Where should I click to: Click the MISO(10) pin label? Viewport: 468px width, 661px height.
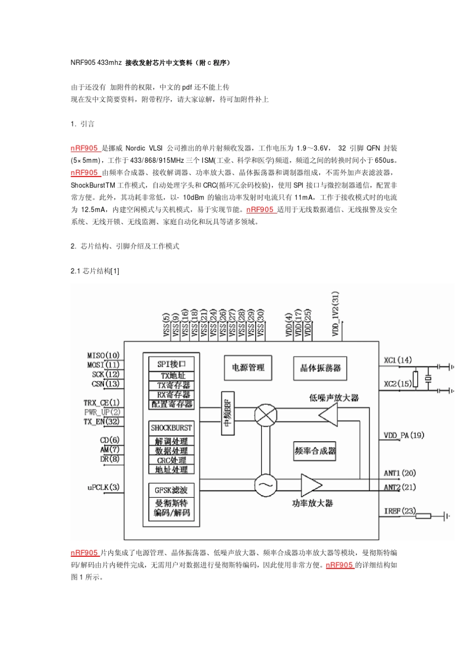click(x=103, y=356)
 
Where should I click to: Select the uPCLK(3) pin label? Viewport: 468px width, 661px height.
click(x=103, y=487)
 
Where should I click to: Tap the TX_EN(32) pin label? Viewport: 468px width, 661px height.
click(x=101, y=421)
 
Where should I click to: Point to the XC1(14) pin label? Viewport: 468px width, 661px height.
click(x=398, y=360)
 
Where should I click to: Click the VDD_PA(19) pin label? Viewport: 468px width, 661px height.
click(x=403, y=435)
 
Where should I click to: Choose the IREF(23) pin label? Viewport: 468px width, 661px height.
click(x=400, y=511)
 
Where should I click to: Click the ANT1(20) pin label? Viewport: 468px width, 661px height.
click(x=400, y=473)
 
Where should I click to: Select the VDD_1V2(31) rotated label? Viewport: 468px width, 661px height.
click(x=335, y=314)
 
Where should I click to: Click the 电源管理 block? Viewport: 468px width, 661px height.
click(x=248, y=367)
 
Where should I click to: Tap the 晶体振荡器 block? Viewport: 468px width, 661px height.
click(x=320, y=367)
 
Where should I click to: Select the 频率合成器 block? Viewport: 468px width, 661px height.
click(x=315, y=451)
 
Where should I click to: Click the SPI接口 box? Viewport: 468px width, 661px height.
click(x=171, y=364)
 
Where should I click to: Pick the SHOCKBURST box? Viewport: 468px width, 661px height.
click(x=171, y=428)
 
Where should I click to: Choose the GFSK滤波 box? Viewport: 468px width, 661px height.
click(x=171, y=490)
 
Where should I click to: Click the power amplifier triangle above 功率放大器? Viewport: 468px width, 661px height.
click(x=310, y=485)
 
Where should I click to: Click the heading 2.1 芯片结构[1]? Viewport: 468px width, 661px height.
click(x=95, y=271)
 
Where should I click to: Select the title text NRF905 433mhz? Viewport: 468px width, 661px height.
click(x=96, y=63)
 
